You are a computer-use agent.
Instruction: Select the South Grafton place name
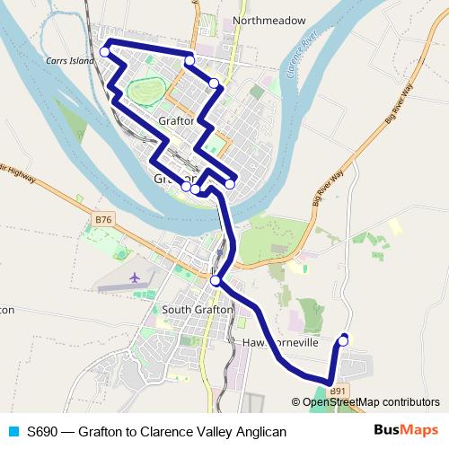(198, 310)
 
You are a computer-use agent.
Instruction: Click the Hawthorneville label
(281, 343)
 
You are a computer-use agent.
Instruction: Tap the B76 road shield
(105, 219)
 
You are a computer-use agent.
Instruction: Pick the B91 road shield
(338, 392)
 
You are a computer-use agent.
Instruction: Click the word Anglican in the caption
(260, 432)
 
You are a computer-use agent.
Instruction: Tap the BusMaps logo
(405, 430)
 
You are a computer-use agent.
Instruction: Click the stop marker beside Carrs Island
(105, 52)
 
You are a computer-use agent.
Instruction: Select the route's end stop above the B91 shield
(343, 339)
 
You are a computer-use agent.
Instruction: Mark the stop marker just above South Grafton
(215, 282)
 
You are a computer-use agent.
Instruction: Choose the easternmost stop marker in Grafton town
(230, 184)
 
